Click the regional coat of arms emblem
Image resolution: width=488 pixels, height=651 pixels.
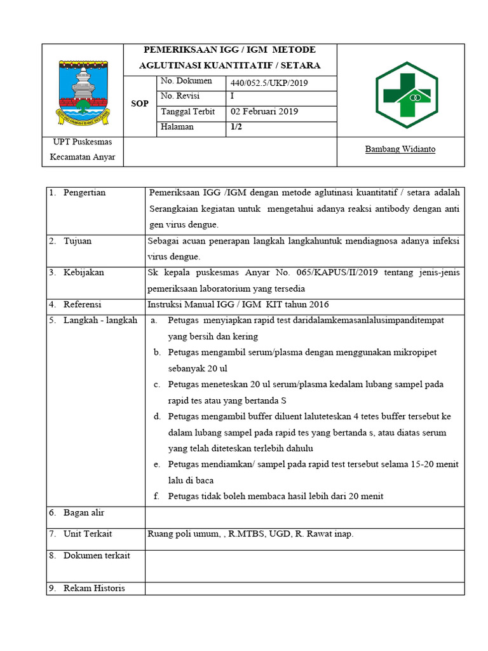pos(83,90)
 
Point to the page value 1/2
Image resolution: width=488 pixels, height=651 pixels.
pos(237,127)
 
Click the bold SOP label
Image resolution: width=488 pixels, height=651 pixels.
pos(140,104)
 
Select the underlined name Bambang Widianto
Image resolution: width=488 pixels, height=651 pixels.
pos(400,149)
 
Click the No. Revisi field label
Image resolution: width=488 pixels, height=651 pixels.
pos(180,97)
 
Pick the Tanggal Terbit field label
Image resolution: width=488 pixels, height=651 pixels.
pos(187,112)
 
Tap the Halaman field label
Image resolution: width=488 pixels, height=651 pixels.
pos(177,127)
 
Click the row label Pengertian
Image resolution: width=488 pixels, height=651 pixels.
pos(85,193)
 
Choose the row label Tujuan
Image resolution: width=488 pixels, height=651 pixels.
pos(78,241)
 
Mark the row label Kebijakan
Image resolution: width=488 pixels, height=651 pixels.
pos(83,273)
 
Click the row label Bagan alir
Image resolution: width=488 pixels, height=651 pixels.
pos(84,512)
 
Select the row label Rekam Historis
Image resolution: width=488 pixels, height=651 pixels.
pos(94,588)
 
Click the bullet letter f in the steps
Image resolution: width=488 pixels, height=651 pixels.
pos(156,497)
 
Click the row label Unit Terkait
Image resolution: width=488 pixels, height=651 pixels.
pos(88,534)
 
